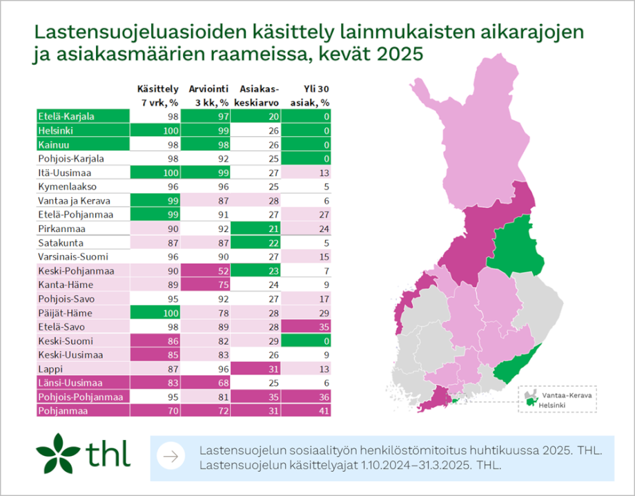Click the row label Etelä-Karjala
coord(66,116)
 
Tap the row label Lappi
coord(49,370)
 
